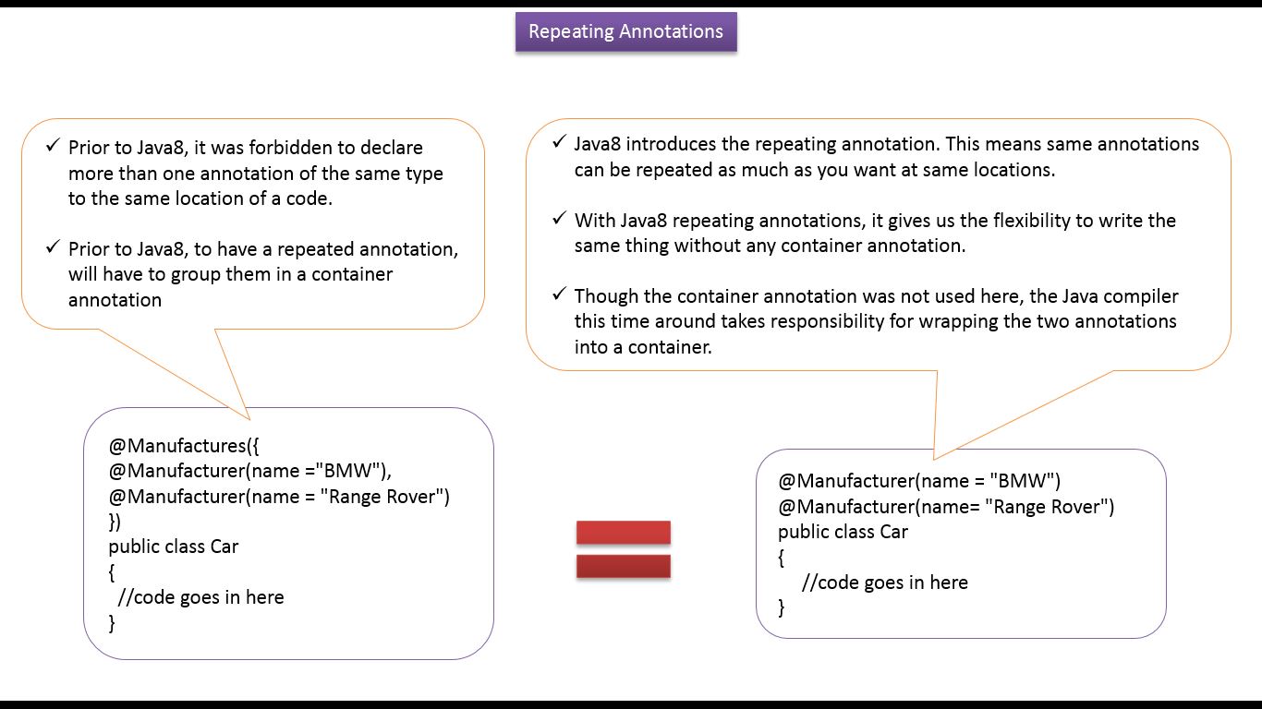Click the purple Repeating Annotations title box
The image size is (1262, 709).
coord(625,31)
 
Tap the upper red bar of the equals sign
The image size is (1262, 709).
coord(623,533)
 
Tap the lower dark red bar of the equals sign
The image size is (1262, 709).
coord(623,566)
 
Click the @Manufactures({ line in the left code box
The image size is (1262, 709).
coord(185,446)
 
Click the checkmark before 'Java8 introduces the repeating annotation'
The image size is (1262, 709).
coord(559,142)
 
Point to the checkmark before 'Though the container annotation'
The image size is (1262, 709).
coord(559,294)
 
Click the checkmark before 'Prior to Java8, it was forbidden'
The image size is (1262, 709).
coord(53,146)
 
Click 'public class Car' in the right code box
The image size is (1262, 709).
coord(843,532)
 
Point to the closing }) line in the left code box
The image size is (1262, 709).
coord(115,522)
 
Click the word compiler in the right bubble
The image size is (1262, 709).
coord(1141,296)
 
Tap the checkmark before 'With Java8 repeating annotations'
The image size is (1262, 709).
coord(559,219)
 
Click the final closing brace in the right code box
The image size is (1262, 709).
coord(782,607)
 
